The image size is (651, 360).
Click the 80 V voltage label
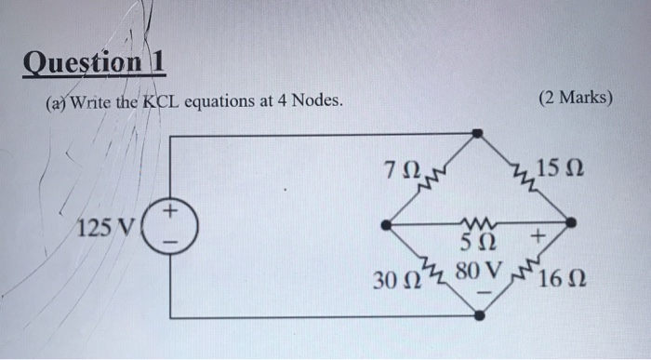[480, 275]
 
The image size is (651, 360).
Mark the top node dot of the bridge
[478, 134]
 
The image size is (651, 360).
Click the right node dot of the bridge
[572, 223]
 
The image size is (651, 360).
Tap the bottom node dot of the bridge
[479, 316]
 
